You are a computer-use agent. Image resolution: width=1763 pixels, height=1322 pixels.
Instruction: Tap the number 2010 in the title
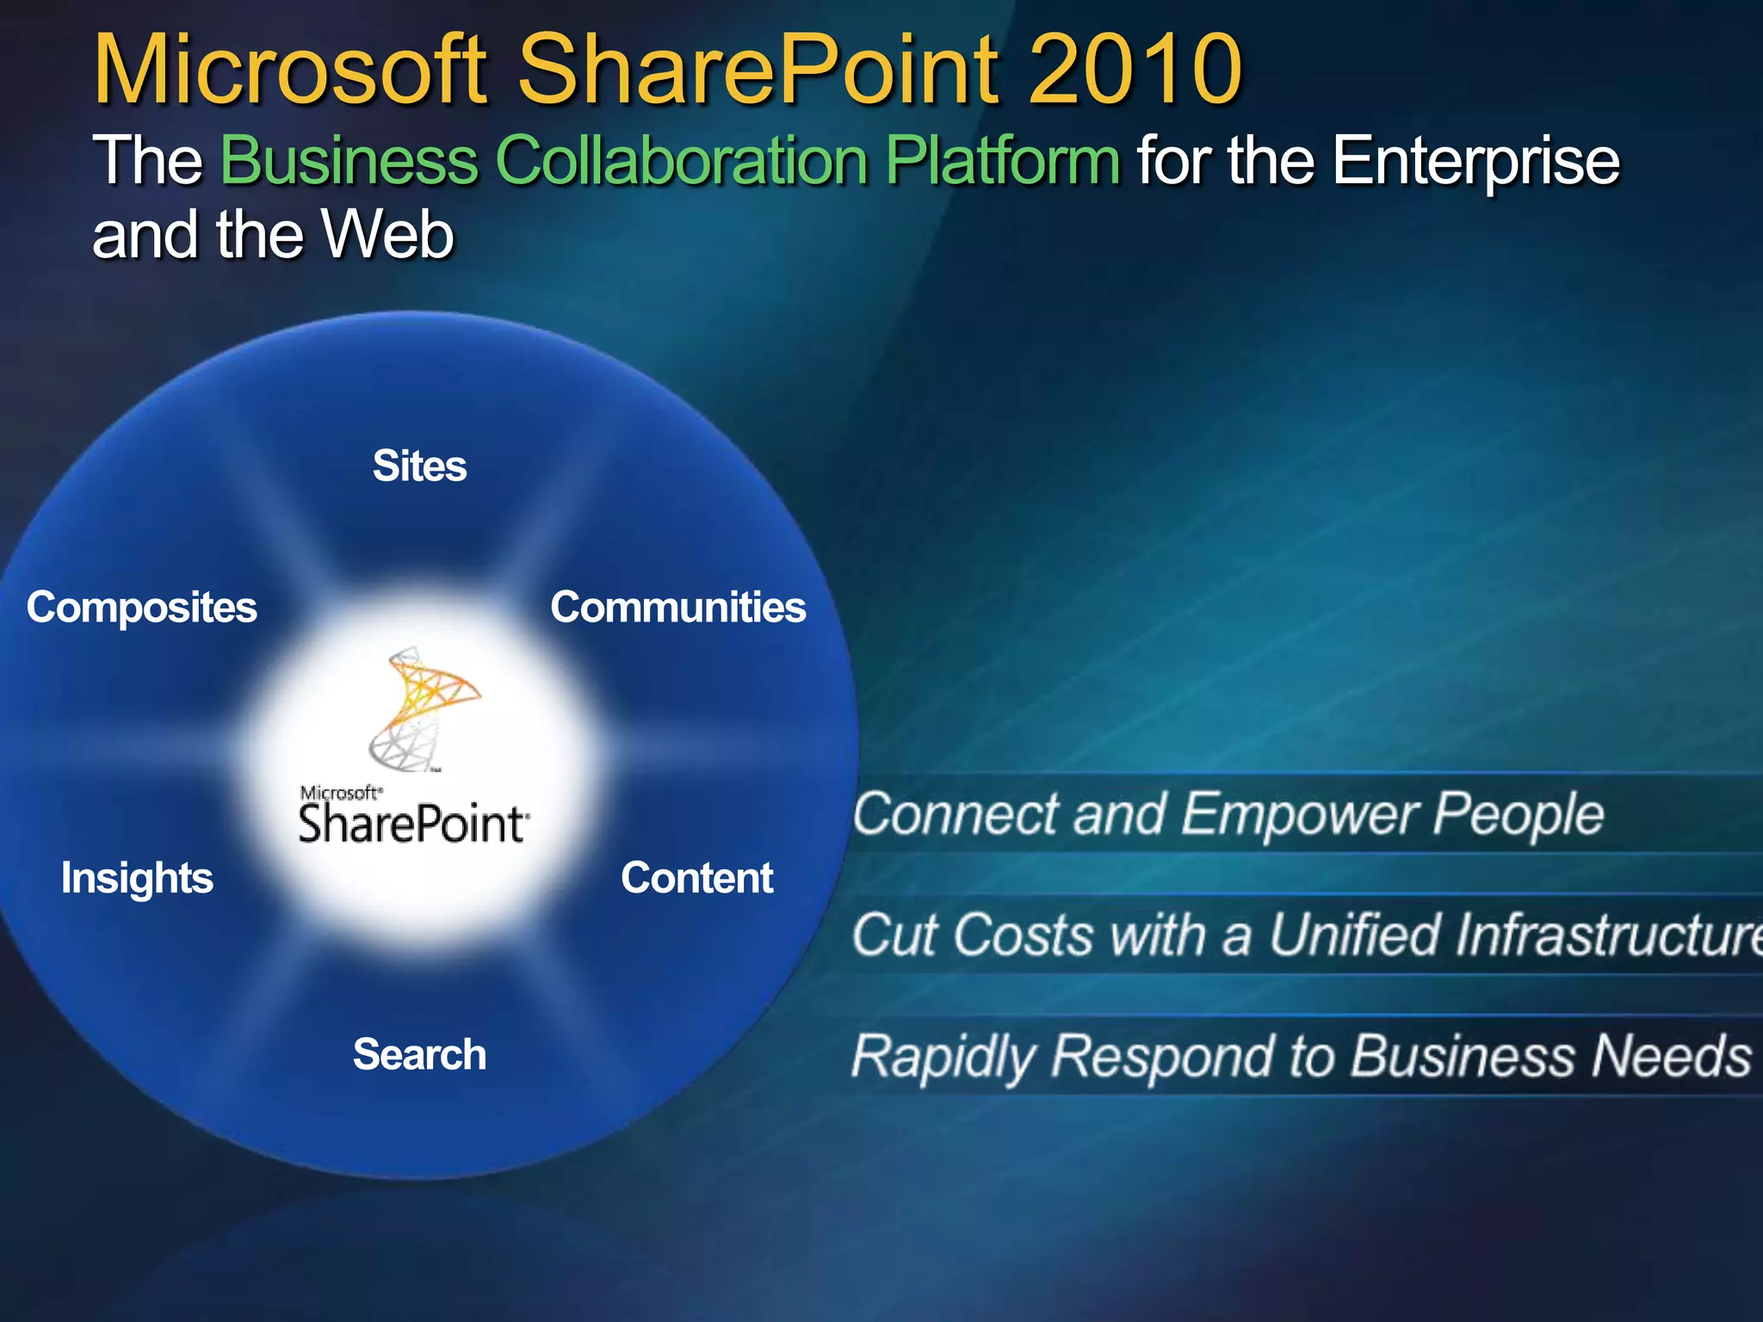point(1135,69)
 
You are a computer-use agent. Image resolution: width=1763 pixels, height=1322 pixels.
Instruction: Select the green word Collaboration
point(683,161)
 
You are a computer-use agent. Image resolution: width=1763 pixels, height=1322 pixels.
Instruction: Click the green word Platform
point(1003,161)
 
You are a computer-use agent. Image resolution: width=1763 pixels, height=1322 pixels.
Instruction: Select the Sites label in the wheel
point(419,466)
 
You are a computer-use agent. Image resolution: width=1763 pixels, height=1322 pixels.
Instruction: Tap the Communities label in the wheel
point(678,608)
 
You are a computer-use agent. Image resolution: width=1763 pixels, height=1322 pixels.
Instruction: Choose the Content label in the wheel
point(697,878)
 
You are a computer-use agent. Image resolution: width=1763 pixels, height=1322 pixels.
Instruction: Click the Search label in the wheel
point(419,1055)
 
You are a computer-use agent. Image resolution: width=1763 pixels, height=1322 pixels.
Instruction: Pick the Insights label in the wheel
point(137,878)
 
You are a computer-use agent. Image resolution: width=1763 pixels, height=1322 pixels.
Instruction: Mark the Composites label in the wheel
point(142,608)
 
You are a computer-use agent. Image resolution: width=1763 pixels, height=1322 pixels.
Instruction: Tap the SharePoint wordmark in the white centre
point(411,824)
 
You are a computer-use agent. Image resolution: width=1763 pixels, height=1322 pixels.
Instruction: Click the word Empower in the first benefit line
point(1298,814)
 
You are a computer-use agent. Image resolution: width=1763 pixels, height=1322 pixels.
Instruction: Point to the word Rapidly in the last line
point(943,1057)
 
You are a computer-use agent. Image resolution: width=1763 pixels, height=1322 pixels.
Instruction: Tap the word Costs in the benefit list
point(1023,935)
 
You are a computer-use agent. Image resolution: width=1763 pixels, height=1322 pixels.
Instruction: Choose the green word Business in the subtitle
point(350,161)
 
